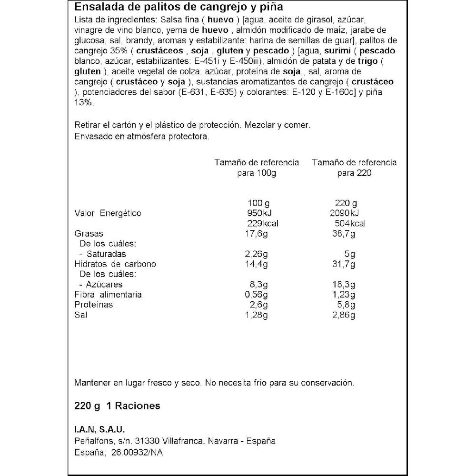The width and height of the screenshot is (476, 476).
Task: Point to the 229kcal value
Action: [x=263, y=224]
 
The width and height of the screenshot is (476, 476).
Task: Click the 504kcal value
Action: [x=350, y=224]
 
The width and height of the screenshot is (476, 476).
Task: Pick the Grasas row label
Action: [x=89, y=234]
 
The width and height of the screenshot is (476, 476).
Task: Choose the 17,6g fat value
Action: [x=256, y=234]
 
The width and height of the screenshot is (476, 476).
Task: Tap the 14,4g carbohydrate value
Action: [x=256, y=264]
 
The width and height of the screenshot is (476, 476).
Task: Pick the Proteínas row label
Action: [x=94, y=305]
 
